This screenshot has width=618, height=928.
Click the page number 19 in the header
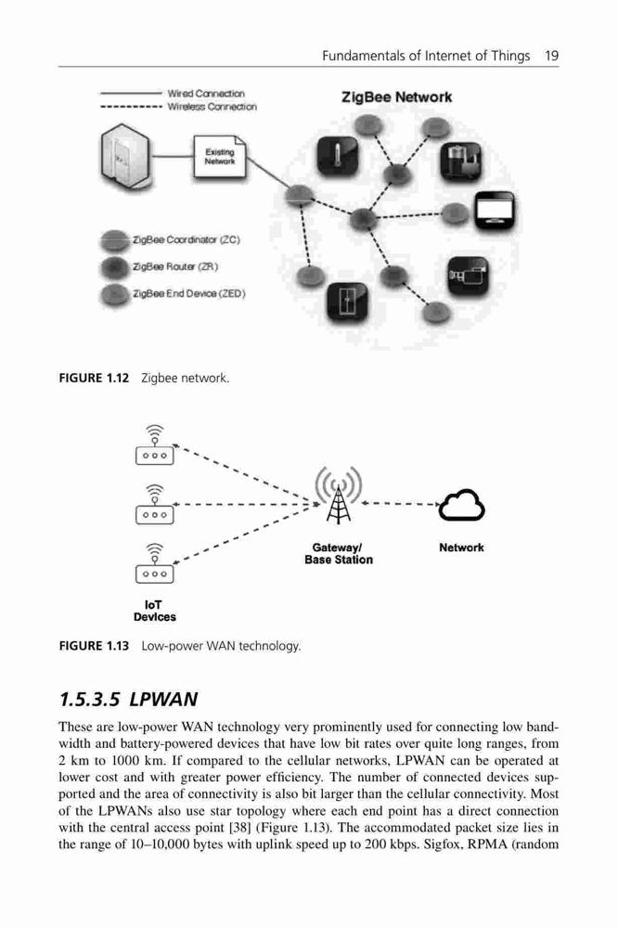[x=552, y=56]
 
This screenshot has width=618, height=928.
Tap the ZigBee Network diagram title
[x=396, y=97]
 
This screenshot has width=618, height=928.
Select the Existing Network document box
[x=220, y=156]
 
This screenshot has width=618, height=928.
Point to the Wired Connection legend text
[x=206, y=94]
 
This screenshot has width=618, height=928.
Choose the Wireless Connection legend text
[x=212, y=107]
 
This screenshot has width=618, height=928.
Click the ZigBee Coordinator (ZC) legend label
[x=187, y=239]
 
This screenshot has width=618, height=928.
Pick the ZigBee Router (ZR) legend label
[x=175, y=266]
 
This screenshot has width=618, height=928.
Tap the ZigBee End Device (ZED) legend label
[x=189, y=293]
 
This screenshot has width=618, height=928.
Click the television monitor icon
[x=495, y=212]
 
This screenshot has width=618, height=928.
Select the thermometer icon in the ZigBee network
[x=338, y=157]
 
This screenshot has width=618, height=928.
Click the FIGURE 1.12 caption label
[x=94, y=379]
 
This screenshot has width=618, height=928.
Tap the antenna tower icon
[x=339, y=496]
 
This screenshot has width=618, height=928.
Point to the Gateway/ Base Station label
[x=339, y=554]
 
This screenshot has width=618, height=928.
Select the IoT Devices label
[x=154, y=611]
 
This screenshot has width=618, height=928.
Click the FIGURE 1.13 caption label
[x=94, y=646]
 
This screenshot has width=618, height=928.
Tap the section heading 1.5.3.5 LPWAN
[x=128, y=699]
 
